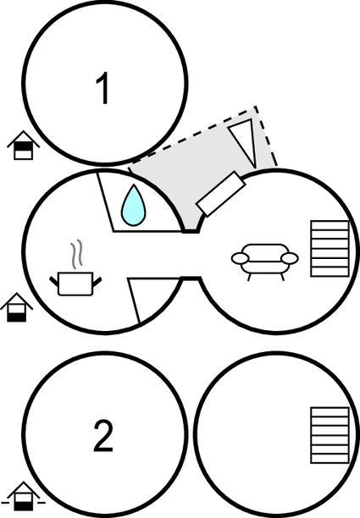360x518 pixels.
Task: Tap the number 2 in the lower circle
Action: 103,435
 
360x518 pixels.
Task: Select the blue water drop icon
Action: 134,205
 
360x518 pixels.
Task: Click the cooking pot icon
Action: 75,283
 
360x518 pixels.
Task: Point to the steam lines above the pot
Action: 76,255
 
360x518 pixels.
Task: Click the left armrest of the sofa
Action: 241,258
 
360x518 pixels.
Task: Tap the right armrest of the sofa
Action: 289,258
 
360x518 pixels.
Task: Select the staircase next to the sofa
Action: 330,249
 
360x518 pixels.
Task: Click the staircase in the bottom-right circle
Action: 330,435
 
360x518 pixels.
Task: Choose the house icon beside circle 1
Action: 24,146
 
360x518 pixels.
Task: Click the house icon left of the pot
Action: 17,307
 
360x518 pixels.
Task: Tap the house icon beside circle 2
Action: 24,496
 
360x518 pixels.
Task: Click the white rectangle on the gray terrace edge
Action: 221,194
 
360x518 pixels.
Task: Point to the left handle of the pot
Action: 54,282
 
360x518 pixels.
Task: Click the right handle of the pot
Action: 97,282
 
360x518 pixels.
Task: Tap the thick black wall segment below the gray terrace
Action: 191,231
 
